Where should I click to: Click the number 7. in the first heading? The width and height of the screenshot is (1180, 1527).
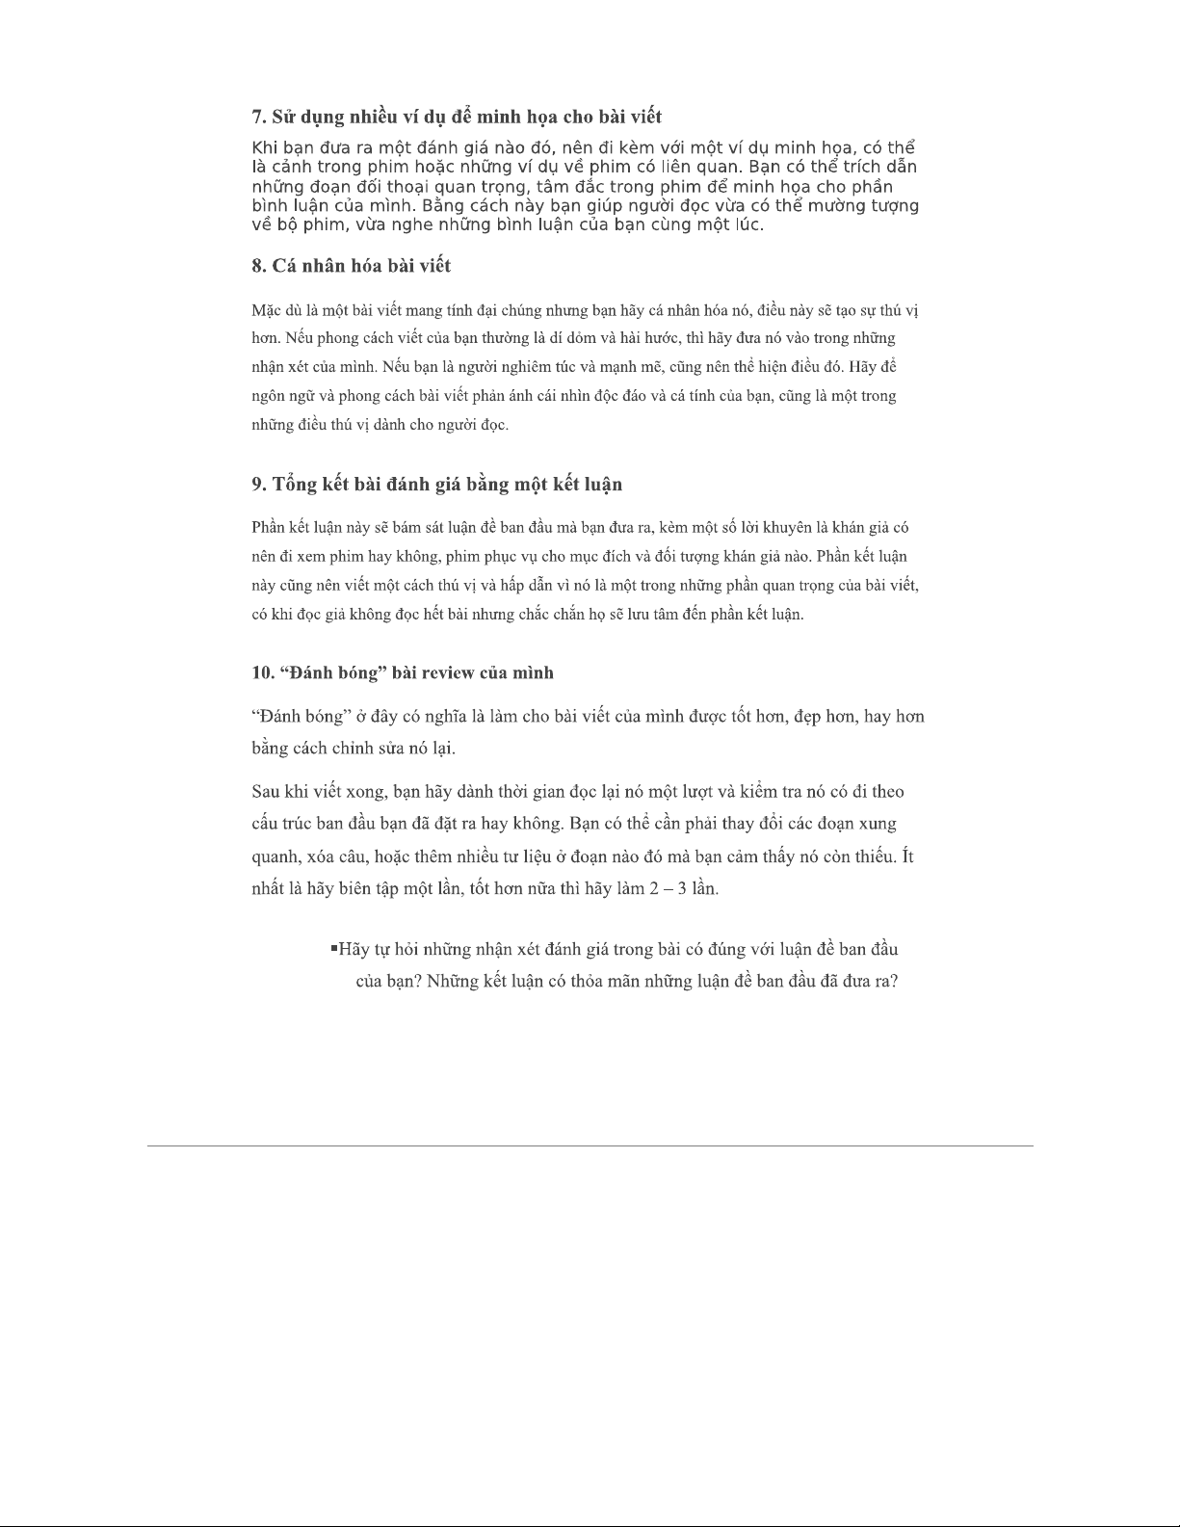coord(259,118)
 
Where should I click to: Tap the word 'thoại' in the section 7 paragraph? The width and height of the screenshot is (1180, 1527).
coord(396,187)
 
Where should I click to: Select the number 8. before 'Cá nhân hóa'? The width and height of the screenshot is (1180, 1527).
coord(259,266)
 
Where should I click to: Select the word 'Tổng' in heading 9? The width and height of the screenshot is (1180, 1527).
coord(298,484)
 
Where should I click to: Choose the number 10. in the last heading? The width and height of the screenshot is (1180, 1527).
coord(263,672)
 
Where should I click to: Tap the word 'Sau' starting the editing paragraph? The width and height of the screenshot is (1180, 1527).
coord(266,792)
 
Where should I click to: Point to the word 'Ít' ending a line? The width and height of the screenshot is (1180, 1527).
coord(907,856)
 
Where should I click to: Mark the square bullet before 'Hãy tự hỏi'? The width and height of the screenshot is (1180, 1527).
coord(333,948)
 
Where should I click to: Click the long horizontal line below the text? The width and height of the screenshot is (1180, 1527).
coord(590,1145)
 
